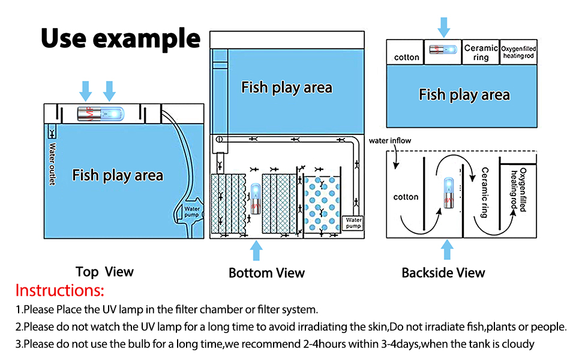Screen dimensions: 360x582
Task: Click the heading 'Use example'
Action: tap(120, 38)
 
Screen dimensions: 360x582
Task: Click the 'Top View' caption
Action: tap(104, 272)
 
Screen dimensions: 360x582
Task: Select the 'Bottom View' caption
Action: tap(266, 273)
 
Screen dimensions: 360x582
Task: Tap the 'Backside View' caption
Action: tap(443, 273)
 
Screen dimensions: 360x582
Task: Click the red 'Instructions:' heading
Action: tap(59, 291)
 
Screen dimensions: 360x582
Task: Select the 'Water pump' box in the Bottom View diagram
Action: tap(353, 223)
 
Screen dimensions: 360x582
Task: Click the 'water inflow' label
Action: tap(391, 141)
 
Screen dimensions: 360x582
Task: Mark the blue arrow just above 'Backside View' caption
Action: tap(447, 250)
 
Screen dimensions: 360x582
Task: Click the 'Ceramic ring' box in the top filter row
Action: tap(481, 53)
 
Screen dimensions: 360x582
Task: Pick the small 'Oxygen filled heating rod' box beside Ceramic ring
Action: tap(518, 53)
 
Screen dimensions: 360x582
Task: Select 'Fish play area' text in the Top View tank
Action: tap(118, 175)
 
